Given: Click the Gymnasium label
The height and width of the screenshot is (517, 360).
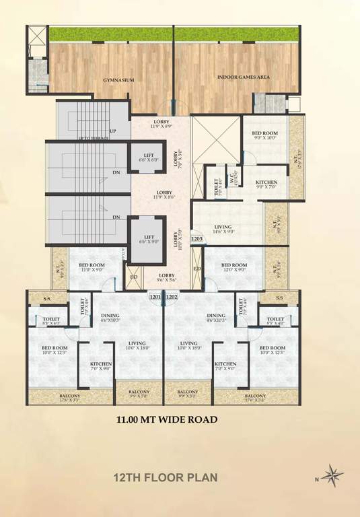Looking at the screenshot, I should (x=118, y=80).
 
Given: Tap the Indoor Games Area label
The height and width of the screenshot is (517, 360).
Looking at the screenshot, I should (x=243, y=77).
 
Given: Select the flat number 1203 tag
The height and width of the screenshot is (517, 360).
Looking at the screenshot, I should (x=197, y=238).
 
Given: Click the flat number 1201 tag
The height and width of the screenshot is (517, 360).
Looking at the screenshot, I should (x=155, y=296).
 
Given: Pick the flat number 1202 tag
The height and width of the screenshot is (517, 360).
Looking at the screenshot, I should (x=171, y=296).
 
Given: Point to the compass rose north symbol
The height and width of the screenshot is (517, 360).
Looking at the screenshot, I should (x=332, y=476).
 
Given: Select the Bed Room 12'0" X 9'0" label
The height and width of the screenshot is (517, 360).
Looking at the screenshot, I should (x=234, y=267).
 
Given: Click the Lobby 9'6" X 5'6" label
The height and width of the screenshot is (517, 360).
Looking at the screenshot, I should (x=167, y=278).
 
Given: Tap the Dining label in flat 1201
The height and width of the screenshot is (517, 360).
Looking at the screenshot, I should (x=110, y=318).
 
